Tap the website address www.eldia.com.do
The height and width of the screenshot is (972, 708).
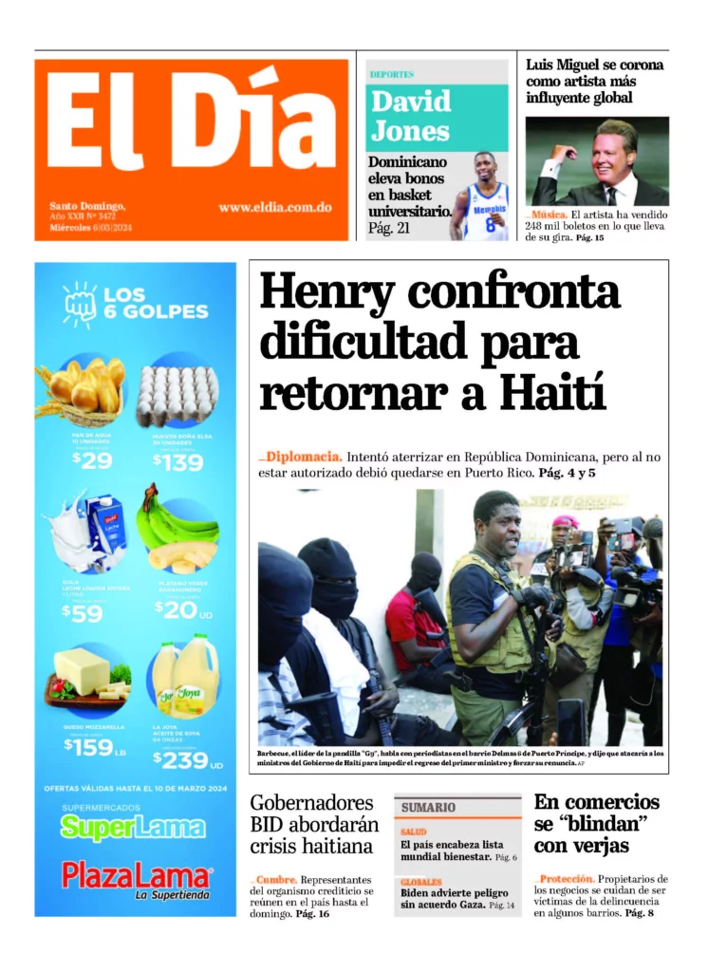[274, 207]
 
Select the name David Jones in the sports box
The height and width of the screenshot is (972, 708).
[411, 116]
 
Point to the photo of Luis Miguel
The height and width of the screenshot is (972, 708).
[597, 161]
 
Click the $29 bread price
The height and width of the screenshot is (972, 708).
[92, 460]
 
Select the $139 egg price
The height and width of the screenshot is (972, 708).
[177, 461]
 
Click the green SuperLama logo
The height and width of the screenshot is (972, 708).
[132, 827]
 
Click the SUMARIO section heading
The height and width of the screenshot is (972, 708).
[428, 807]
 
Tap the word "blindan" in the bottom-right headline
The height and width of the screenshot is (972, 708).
[605, 823]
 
